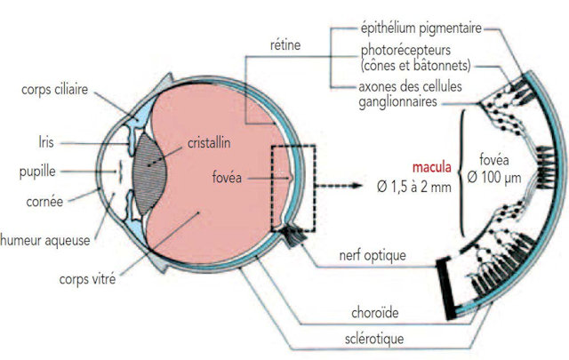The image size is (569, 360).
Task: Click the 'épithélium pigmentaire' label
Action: [421, 28]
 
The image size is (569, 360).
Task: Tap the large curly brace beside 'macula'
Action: [465, 170]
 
